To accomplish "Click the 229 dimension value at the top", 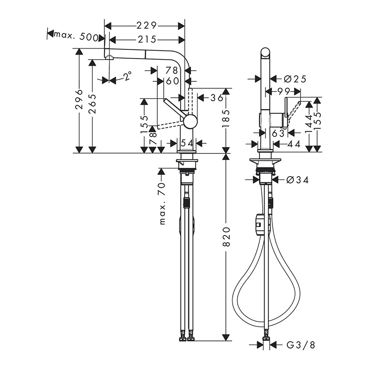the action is (x=147, y=25).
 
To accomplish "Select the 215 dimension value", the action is (x=147, y=39).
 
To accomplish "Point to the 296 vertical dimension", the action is (x=80, y=99).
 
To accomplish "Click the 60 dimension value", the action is (x=173, y=81).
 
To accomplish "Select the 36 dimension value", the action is (x=216, y=98).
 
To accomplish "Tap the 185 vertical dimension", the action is (x=226, y=118).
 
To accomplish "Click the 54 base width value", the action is (x=187, y=143).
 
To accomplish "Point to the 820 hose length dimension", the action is (x=226, y=237).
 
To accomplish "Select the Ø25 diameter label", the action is (x=295, y=79).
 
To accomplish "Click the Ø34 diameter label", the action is (x=297, y=180).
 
